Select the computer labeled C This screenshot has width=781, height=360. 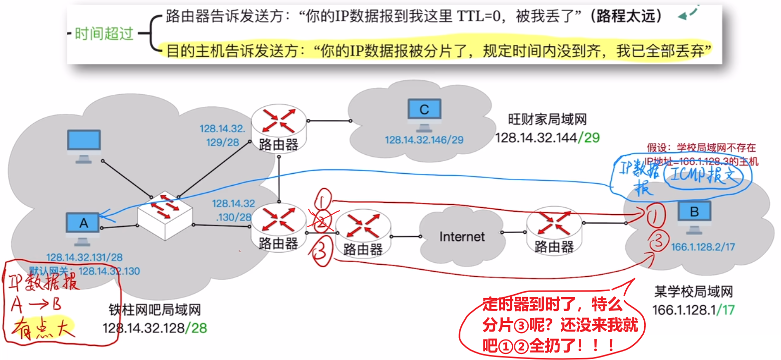click(424, 112)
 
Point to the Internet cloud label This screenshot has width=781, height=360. click(462, 236)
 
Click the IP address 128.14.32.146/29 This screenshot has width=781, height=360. click(424, 140)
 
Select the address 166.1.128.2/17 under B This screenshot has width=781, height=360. click(702, 246)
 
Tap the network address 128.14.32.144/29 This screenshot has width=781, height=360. click(547, 137)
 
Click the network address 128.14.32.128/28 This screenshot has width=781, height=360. click(155, 328)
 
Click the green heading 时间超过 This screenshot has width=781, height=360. click(104, 33)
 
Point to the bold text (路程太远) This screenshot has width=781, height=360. click(626, 16)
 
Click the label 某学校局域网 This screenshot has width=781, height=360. click(693, 291)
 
